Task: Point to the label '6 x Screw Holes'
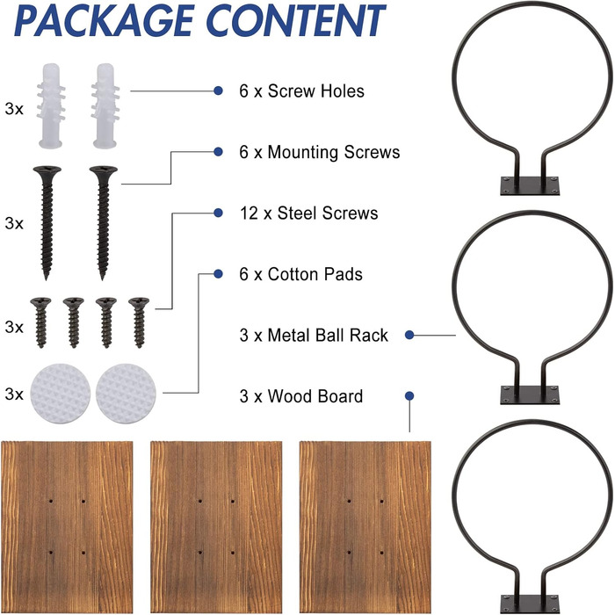tap(301, 90)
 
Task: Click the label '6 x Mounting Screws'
tap(319, 152)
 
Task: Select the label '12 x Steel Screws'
tap(308, 213)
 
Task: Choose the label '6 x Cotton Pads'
tap(300, 275)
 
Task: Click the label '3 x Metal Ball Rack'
tap(313, 335)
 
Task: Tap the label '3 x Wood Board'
tap(300, 396)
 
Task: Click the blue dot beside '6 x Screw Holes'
tap(218, 90)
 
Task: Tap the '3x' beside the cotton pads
tap(13, 393)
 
